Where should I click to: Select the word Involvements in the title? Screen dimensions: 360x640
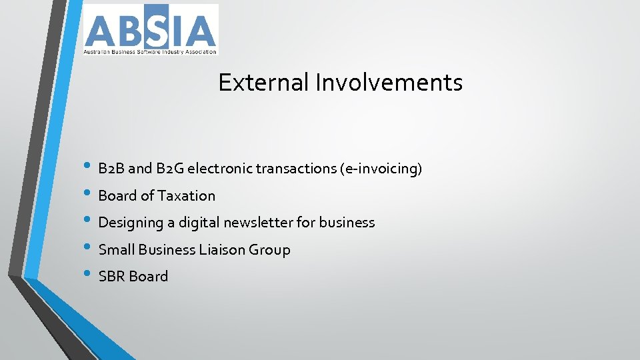click(389, 83)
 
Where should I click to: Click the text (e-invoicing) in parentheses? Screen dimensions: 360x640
click(381, 169)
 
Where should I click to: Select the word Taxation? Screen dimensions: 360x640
click(187, 196)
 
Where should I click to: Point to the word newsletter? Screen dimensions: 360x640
click(259, 223)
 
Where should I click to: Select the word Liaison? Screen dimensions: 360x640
click(222, 250)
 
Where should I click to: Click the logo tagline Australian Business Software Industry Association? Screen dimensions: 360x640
click(150, 51)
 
